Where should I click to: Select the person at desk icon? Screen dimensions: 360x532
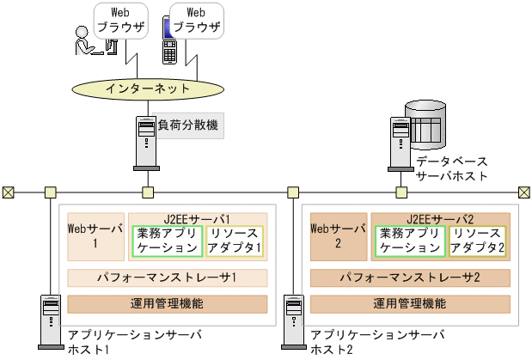coord(90,44)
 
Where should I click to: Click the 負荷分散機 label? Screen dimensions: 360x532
coord(188,125)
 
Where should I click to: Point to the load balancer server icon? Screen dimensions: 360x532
coord(146,140)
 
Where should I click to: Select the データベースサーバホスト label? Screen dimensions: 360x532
coord(451,168)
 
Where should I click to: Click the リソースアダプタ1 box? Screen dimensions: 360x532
coord(234,241)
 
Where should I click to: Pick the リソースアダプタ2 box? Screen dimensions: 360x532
coord(477,241)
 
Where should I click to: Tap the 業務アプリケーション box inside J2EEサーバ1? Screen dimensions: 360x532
coord(168,241)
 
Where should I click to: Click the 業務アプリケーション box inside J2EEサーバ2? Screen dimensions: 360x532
coord(409,241)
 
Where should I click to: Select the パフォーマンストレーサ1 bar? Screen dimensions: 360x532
coord(168,278)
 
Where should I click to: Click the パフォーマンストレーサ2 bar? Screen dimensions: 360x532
coord(410,278)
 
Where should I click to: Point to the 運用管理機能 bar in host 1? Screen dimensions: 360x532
coord(168,303)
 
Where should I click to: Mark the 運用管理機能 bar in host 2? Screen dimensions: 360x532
coord(410,303)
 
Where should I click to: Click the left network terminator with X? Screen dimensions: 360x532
coord(8,192)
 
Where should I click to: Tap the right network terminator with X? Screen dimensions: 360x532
coord(523,192)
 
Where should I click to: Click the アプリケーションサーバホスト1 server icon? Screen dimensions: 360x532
coord(50,322)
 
